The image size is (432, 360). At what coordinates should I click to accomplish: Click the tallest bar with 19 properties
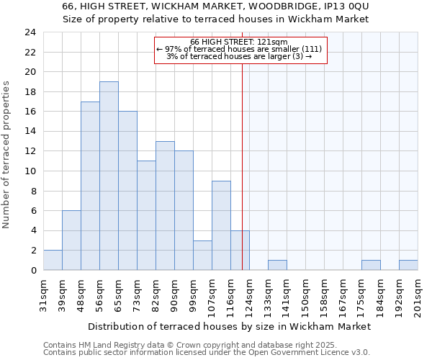(x=109, y=176)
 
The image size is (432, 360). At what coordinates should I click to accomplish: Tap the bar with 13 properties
(x=165, y=205)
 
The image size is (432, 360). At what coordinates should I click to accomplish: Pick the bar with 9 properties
(x=221, y=225)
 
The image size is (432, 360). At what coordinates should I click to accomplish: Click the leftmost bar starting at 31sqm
(x=53, y=260)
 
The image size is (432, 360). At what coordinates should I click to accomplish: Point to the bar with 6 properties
(x=71, y=240)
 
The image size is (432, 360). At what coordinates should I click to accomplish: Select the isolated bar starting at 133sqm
(x=277, y=265)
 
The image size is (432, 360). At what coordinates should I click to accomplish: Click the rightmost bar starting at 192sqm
(x=408, y=265)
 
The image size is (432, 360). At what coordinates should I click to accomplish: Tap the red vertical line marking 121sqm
(x=243, y=166)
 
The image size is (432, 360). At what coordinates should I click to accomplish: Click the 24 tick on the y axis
(x=30, y=32)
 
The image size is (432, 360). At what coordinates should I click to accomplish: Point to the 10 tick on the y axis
(x=30, y=171)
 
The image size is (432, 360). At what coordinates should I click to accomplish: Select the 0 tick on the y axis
(x=33, y=270)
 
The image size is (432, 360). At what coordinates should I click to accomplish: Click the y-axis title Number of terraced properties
(x=7, y=155)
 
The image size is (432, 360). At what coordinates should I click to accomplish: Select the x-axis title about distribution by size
(x=230, y=326)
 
